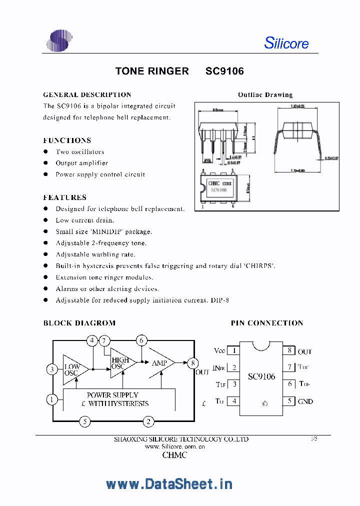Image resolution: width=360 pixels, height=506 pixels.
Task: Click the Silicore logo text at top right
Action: click(286, 43)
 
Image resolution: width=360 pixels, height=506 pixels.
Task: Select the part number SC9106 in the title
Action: click(224, 71)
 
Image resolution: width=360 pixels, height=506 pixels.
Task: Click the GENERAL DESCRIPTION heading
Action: click(87, 94)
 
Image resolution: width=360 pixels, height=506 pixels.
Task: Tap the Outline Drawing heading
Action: click(265, 94)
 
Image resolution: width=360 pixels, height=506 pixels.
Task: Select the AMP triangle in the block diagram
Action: click(161, 363)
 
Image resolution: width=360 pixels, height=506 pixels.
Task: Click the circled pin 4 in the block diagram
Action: click(92, 341)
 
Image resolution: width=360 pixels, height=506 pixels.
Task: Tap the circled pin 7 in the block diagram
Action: click(104, 341)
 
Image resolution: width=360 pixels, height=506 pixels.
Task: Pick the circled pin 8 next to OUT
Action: click(193, 363)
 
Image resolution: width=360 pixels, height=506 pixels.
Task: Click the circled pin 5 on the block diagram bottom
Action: click(85, 422)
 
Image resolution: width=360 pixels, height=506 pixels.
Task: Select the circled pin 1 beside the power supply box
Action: click(52, 399)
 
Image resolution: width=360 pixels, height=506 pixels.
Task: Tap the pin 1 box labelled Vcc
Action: click(233, 350)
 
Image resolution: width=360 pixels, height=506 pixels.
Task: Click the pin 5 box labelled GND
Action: click(289, 401)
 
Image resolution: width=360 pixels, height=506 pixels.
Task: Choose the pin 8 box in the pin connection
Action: click(289, 350)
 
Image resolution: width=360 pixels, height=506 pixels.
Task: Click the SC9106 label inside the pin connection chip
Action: click(261, 376)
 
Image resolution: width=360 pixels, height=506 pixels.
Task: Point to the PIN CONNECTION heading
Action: click(266, 323)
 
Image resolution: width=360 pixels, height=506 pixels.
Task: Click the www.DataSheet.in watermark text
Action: click(169, 483)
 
